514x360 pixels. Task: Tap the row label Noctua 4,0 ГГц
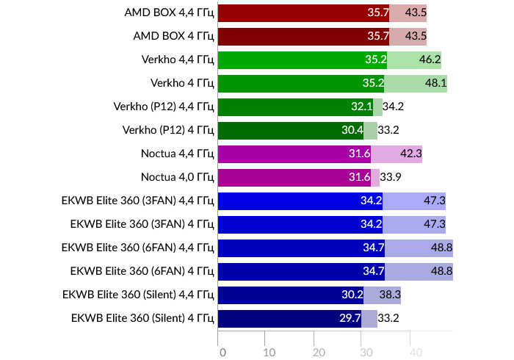(177, 177)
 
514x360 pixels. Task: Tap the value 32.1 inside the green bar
(361, 107)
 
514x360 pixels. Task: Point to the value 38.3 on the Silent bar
(388, 295)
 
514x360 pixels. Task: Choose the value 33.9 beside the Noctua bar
(391, 177)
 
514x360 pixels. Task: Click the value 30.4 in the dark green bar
(352, 130)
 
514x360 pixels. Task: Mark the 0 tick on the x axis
(222, 352)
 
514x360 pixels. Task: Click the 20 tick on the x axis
(319, 352)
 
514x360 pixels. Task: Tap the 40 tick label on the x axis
(416, 352)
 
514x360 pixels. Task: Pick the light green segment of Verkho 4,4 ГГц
(413, 60)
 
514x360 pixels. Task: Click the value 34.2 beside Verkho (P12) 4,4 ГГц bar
(394, 107)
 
